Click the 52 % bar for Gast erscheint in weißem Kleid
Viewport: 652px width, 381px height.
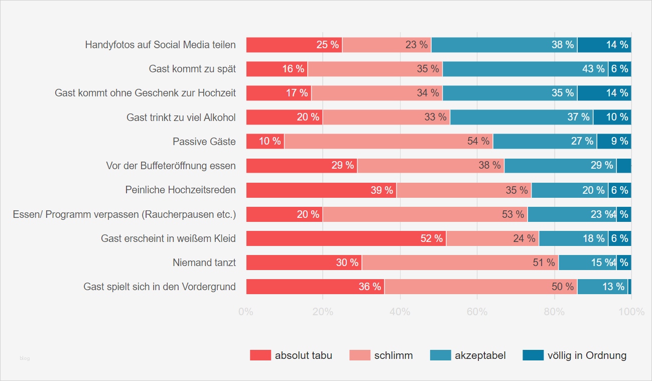tap(346, 238)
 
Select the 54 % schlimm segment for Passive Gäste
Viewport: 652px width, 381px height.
tap(388, 142)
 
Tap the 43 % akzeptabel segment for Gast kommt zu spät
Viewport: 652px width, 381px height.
tap(525, 69)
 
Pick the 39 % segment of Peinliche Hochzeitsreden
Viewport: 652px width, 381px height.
tap(321, 190)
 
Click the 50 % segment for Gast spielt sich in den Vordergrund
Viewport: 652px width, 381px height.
tap(480, 287)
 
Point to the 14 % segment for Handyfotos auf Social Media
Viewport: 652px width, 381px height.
tap(604, 45)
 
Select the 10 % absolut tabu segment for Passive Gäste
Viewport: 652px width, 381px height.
tap(265, 142)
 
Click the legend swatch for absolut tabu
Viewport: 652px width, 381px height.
tap(260, 355)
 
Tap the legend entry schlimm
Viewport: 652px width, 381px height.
tap(393, 355)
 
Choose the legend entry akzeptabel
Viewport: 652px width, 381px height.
tap(480, 355)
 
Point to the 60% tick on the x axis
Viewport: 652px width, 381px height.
tap(477, 312)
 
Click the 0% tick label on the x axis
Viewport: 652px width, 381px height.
tap(245, 312)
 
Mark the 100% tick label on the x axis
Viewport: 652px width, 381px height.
tap(631, 312)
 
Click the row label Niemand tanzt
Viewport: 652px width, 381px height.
tap(204, 263)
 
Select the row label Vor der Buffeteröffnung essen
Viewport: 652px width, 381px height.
tap(171, 166)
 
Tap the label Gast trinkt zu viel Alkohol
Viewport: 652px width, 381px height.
tap(181, 117)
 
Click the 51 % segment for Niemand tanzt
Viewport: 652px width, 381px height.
tap(460, 263)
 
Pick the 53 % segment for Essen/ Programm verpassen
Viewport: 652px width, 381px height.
tap(425, 214)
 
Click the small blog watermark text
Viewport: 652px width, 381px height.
tap(25, 358)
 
